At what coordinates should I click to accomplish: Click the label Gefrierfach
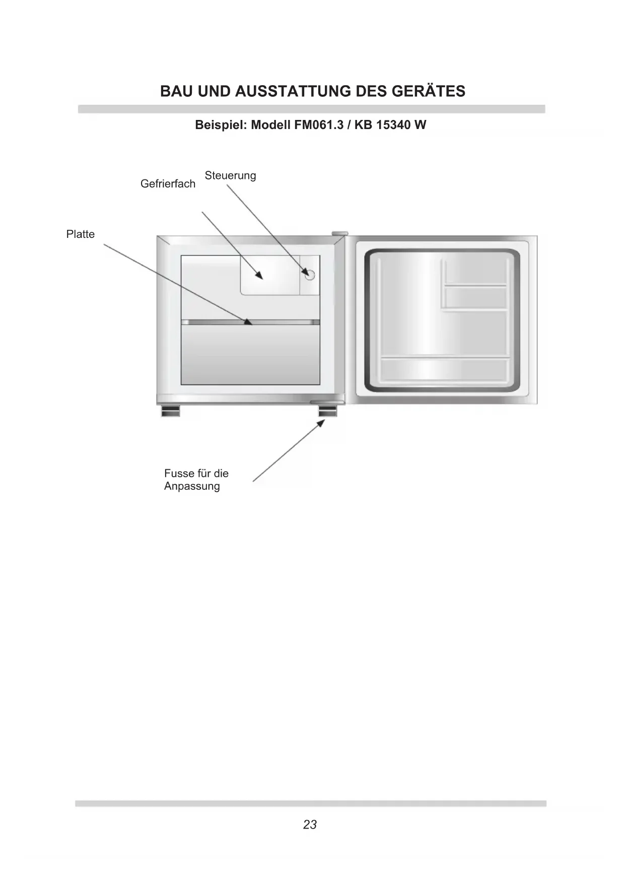pyautogui.click(x=168, y=184)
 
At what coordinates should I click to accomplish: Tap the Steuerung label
pyautogui.click(x=230, y=175)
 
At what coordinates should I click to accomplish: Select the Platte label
pyautogui.click(x=81, y=234)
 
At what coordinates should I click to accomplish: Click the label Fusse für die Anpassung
pyautogui.click(x=196, y=480)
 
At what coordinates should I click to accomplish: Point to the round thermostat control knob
pyautogui.click(x=309, y=275)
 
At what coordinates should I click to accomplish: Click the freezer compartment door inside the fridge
pyautogui.click(x=270, y=275)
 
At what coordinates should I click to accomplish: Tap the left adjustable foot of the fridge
pyautogui.click(x=170, y=411)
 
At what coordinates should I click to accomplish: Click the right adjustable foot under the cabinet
pyautogui.click(x=327, y=411)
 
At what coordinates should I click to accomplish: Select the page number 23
pyautogui.click(x=310, y=825)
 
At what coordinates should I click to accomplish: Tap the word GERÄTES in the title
pyautogui.click(x=434, y=92)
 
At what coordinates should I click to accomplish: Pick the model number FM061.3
pyautogui.click(x=316, y=125)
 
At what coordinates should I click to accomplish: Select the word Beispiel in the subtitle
pyautogui.click(x=220, y=125)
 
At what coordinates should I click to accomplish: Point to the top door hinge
pyautogui.click(x=340, y=233)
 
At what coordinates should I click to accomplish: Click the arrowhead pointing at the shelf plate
pyautogui.click(x=248, y=322)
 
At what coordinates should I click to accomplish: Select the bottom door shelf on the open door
pyautogui.click(x=444, y=369)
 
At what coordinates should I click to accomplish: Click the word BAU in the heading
pyautogui.click(x=177, y=92)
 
